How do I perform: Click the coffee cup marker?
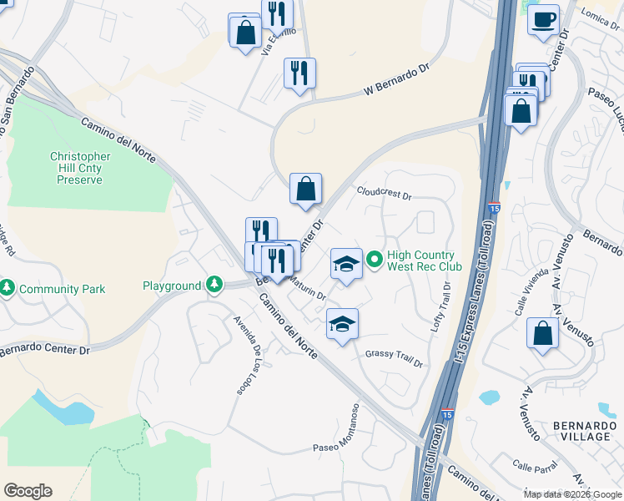point(543,20)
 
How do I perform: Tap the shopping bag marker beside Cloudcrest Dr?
point(306,189)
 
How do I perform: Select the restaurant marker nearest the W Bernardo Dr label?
point(299,73)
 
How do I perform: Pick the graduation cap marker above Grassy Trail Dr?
point(341,324)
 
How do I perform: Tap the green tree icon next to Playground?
point(215,286)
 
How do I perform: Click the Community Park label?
point(63,289)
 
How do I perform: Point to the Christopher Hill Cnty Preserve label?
point(80,168)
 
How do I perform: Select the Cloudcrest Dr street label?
point(385,193)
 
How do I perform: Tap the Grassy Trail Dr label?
point(394,359)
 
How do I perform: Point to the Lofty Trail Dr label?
point(445,307)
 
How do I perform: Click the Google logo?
point(28,491)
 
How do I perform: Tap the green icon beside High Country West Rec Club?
point(375,261)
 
